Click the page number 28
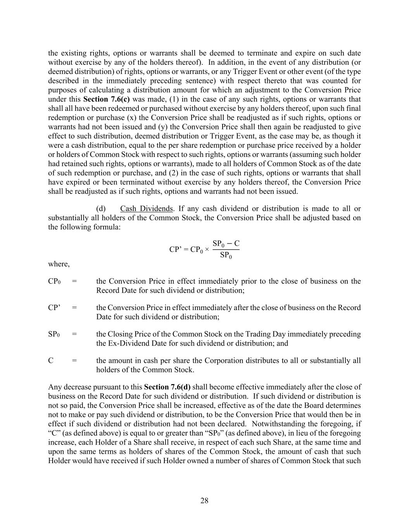coord(204,500)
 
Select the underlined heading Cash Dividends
coord(146,208)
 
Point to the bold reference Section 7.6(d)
coord(167,387)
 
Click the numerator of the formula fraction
coord(226,244)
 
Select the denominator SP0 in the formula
coord(226,255)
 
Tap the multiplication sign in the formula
coord(207,250)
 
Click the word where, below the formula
coord(59,264)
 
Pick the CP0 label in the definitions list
coord(54,281)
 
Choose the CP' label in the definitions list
coord(54,308)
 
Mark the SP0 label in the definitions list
coord(54,334)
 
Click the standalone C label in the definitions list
coord(51,360)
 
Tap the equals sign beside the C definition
coord(74,360)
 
